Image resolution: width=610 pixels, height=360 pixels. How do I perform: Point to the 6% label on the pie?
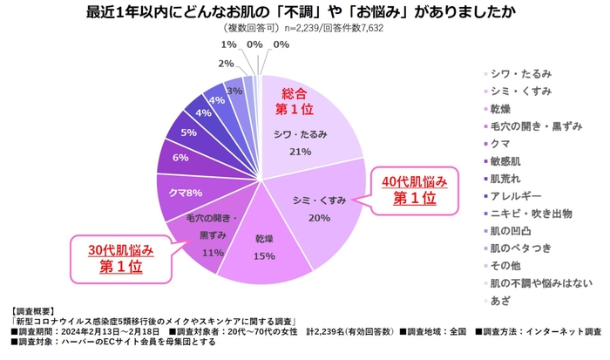(180, 158)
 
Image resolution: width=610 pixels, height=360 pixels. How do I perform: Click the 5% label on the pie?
(188, 132)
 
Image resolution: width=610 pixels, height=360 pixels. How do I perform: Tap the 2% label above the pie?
(225, 64)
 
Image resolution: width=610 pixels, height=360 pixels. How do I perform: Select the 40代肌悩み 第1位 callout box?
(417, 190)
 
